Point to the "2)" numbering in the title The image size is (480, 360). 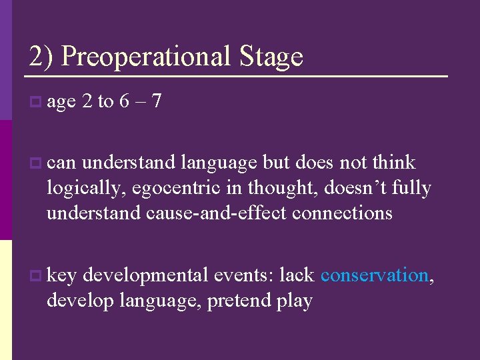point(41,57)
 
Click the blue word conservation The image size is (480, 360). point(374,275)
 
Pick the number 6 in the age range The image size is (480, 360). point(124,101)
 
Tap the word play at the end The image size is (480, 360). point(295,301)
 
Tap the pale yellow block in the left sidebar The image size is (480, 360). point(6,300)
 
